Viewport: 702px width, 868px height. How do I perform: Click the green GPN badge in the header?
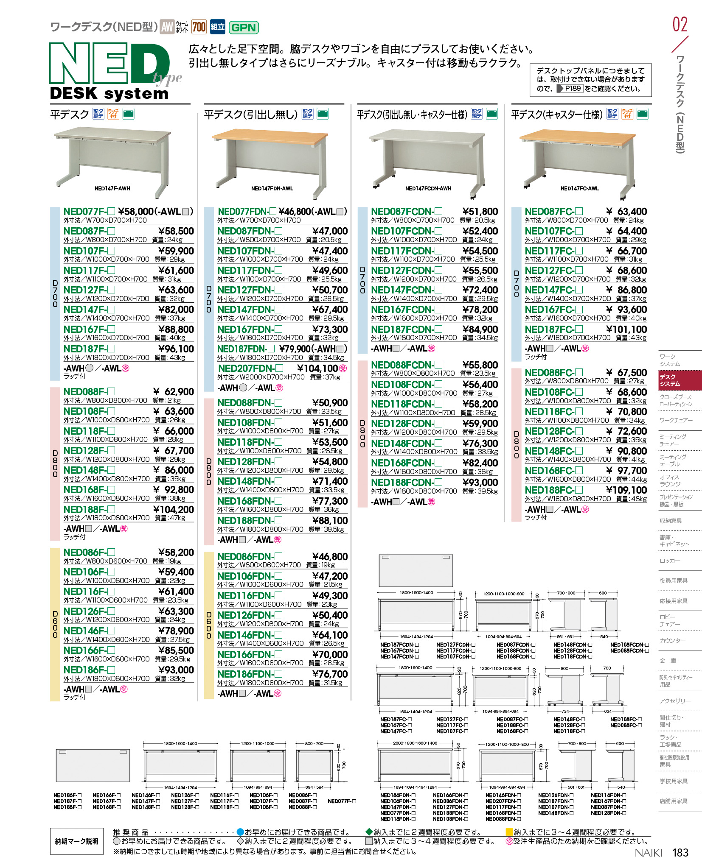tap(244, 28)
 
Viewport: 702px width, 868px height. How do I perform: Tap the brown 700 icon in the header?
tap(199, 27)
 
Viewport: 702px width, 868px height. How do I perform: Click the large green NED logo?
tap(110, 63)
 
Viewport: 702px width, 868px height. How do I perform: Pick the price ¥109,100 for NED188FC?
tap(626, 490)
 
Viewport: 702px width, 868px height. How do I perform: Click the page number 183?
tap(680, 852)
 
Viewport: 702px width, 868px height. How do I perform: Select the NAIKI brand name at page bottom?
tap(648, 853)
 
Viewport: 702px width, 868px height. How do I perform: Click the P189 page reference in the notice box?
tap(573, 88)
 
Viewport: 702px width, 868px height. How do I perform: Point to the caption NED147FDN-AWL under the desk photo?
tap(272, 189)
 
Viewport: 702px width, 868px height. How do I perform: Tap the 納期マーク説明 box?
tap(76, 841)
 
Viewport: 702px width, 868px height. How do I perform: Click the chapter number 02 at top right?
tap(680, 24)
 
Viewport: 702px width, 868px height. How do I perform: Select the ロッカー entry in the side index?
tap(670, 561)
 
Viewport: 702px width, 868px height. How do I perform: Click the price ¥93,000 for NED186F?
tap(176, 670)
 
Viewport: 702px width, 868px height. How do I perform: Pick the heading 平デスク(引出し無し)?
tap(251, 114)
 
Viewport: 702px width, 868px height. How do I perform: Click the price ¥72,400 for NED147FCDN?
tap(480, 290)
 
